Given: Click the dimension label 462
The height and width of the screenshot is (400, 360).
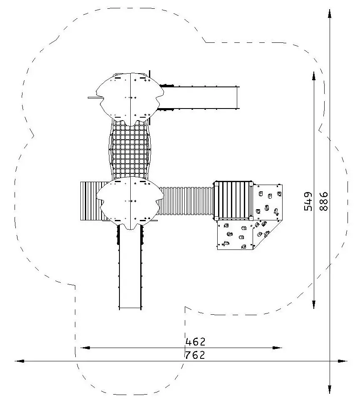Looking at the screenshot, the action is tap(195, 342).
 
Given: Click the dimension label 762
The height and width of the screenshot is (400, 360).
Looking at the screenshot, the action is tap(195, 355).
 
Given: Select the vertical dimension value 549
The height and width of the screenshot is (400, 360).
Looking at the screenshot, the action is tap(308, 201).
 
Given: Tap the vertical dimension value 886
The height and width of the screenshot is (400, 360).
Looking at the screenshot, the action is tap(323, 201).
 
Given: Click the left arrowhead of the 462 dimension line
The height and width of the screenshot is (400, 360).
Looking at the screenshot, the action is tap(85, 348).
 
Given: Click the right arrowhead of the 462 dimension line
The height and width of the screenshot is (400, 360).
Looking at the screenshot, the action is tap(277, 348).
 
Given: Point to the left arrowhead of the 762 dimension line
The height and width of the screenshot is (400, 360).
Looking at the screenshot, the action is tap(20, 361).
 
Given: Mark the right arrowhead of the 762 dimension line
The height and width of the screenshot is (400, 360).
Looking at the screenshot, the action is tap(343, 361).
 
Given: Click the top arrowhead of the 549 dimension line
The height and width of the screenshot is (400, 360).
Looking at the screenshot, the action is tap(314, 77).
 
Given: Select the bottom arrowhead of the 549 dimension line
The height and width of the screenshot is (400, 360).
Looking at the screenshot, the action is tap(314, 304).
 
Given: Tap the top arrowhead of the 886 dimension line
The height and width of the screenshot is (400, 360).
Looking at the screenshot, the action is tap(330, 14).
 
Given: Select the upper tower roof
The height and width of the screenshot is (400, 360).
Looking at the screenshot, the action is tap(130, 98).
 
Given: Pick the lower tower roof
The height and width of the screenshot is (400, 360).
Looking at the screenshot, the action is tap(130, 203).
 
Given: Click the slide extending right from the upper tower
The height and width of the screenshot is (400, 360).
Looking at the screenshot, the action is tap(200, 98).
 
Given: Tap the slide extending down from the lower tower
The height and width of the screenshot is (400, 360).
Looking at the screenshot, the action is tap(130, 268).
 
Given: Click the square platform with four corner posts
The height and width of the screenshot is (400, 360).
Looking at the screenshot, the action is tap(233, 200).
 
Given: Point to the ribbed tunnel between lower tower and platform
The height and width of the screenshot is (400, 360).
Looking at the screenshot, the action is tap(186, 201).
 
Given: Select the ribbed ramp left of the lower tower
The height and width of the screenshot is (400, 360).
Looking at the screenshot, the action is tap(92, 201).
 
